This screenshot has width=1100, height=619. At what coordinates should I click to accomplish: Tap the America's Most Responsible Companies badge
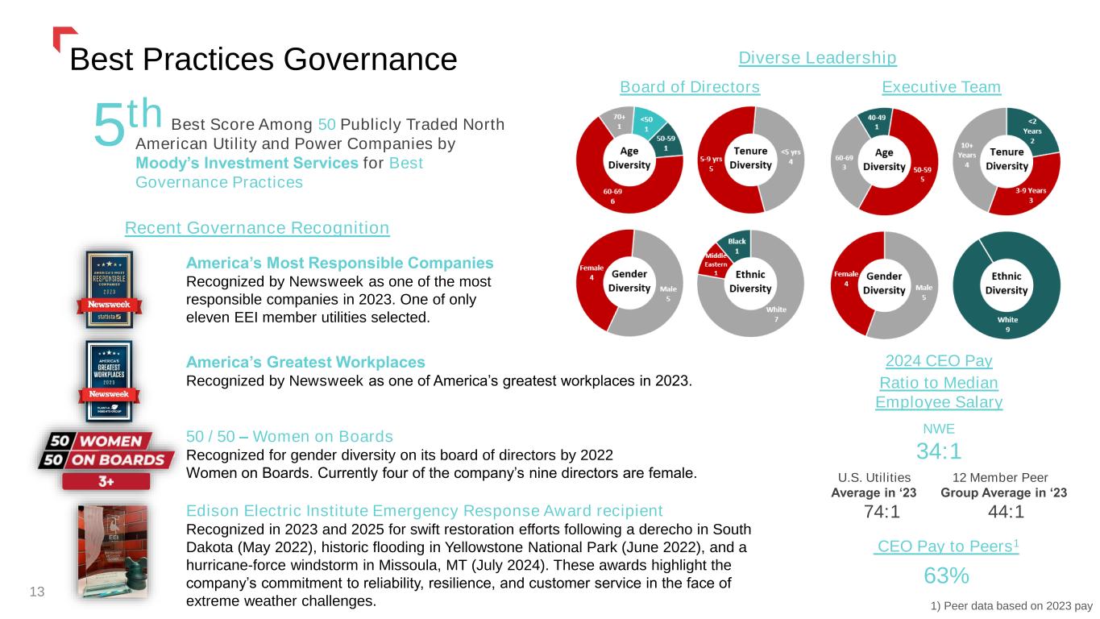[x=110, y=289]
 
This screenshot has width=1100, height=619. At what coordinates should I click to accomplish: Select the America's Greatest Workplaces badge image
[x=109, y=380]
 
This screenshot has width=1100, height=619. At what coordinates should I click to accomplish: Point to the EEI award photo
[x=112, y=551]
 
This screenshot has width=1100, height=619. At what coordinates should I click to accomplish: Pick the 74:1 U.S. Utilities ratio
[x=881, y=512]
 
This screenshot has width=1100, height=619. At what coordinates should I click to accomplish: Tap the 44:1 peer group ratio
[x=1004, y=512]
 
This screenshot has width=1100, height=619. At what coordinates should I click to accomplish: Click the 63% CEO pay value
[x=945, y=575]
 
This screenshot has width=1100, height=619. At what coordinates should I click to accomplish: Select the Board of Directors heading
[x=690, y=87]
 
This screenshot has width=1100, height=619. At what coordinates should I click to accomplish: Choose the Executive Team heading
[x=941, y=87]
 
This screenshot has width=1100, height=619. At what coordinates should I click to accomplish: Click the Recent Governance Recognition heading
[x=257, y=228]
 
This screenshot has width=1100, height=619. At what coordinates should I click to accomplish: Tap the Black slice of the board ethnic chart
[x=737, y=245]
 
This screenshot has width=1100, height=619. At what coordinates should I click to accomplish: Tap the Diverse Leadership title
[x=817, y=58]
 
